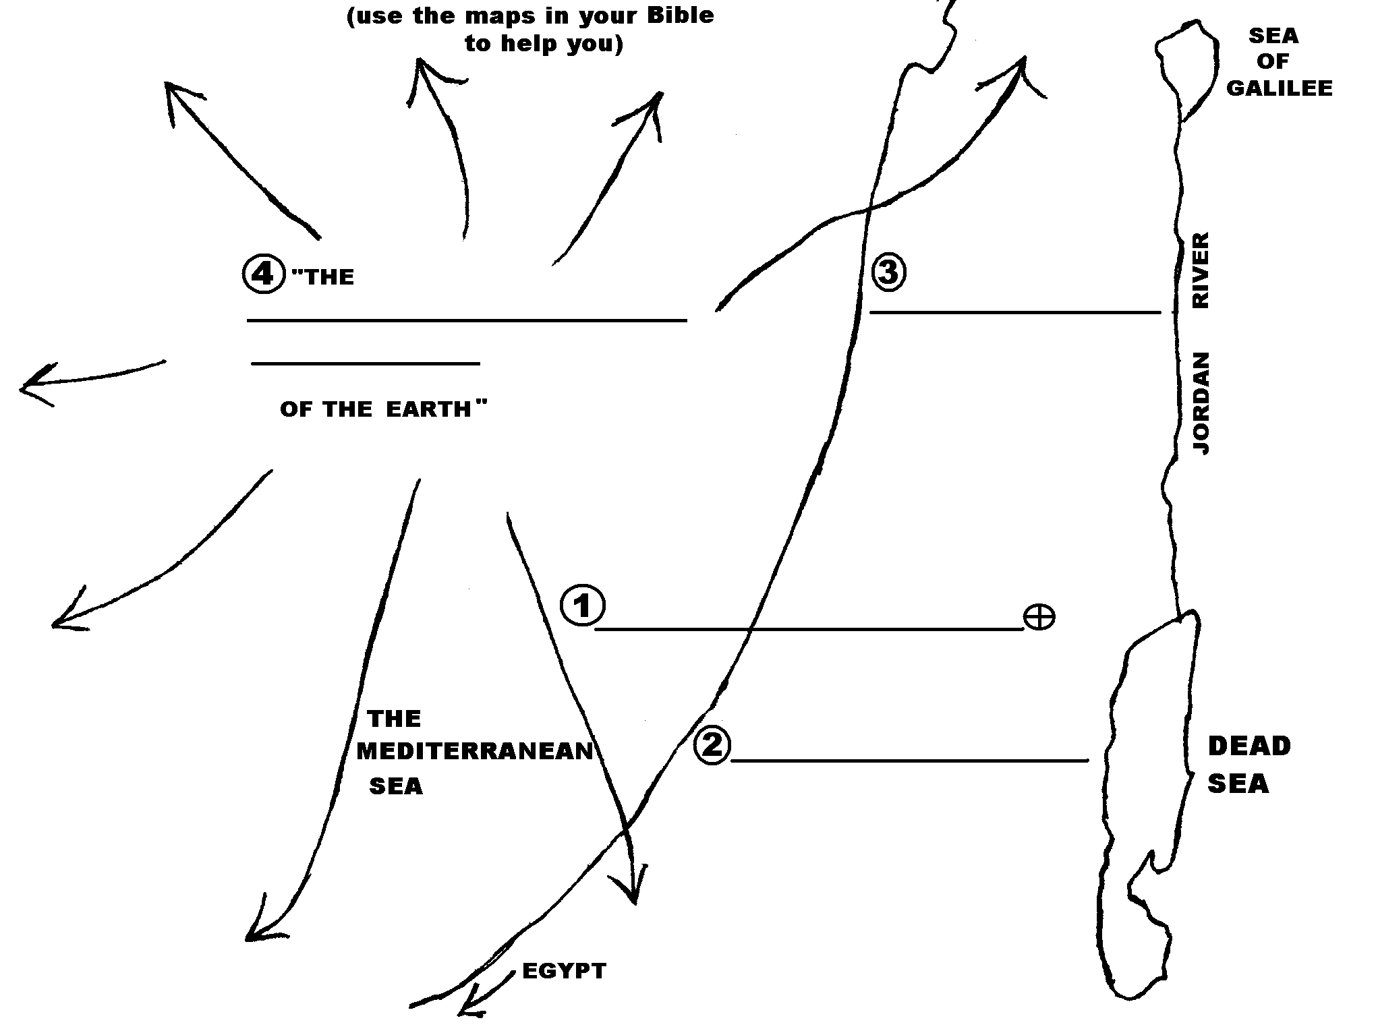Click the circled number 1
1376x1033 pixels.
(x=582, y=606)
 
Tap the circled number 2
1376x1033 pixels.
(x=712, y=746)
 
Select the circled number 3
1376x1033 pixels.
(x=888, y=272)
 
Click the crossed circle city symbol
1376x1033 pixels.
(x=1039, y=617)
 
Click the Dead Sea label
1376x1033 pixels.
(x=1248, y=765)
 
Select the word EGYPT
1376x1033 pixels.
(x=564, y=971)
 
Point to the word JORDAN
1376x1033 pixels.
(x=1201, y=403)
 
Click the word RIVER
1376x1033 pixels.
(x=1201, y=270)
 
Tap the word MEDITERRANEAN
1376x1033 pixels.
(x=474, y=751)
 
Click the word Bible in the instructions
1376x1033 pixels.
(x=681, y=15)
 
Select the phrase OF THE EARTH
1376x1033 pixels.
(x=382, y=409)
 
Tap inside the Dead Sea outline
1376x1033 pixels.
(x=1147, y=775)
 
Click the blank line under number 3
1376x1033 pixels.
(x=1015, y=312)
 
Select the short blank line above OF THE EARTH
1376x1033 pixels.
(x=366, y=363)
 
